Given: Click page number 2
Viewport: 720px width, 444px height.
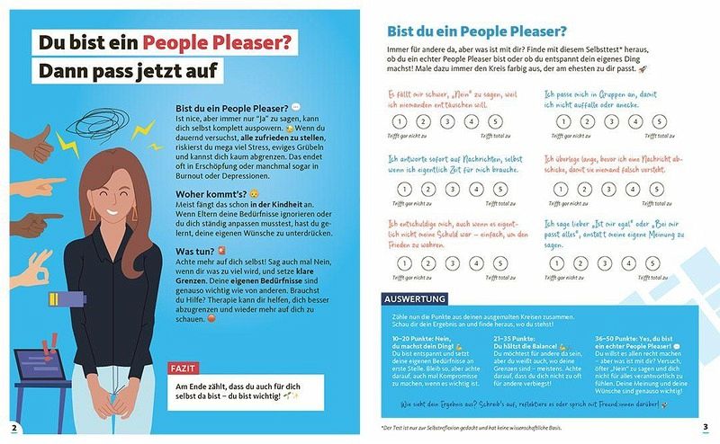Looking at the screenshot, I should pos(13,426).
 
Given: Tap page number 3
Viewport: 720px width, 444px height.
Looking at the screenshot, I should pos(706,426).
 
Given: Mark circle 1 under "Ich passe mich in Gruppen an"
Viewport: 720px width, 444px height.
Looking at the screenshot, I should pos(563,122).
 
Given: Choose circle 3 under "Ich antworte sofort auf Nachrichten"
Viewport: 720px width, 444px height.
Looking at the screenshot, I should pos(447,189).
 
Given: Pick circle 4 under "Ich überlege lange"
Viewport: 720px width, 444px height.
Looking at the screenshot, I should pos(635,189).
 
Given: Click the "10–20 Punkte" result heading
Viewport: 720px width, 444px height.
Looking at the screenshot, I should pos(417,343).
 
